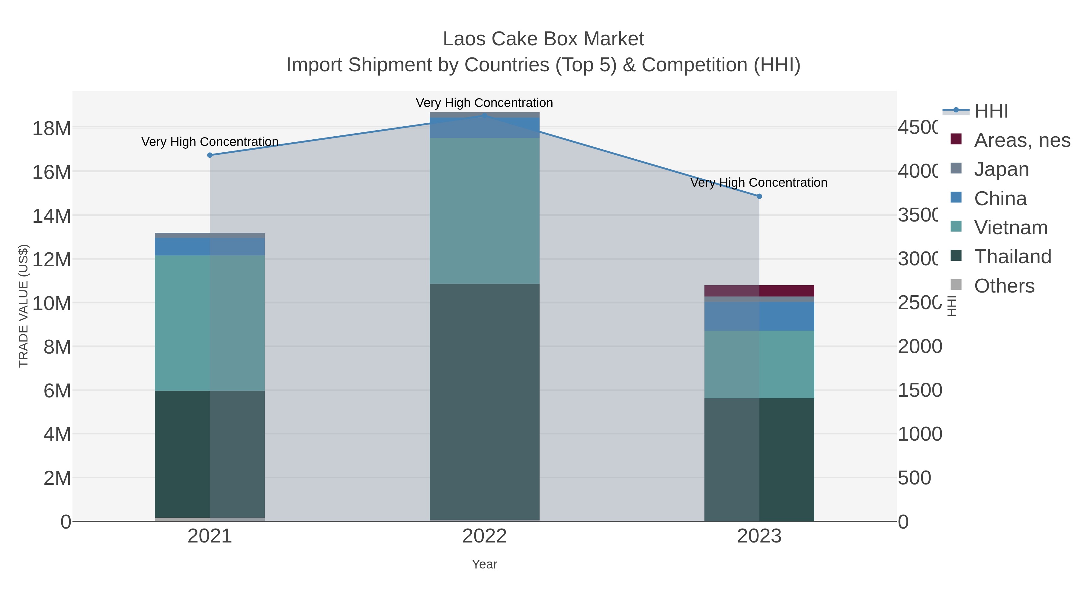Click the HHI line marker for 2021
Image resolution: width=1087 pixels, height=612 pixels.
pyautogui.click(x=210, y=155)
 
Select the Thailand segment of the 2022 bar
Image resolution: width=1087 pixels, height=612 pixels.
pyautogui.click(x=484, y=401)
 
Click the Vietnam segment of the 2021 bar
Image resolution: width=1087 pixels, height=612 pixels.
pyautogui.click(x=210, y=323)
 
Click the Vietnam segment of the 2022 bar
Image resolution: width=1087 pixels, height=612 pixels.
pyautogui.click(x=484, y=210)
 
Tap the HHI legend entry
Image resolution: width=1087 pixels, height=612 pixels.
pyautogui.click(x=990, y=111)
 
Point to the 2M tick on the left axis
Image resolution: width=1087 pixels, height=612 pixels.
pyautogui.click(x=57, y=478)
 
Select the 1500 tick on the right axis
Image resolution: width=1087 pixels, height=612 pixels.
pyautogui.click(x=920, y=390)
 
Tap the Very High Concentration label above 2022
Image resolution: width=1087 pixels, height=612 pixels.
pyautogui.click(x=484, y=103)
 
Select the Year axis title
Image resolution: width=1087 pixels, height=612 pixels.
pyautogui.click(x=484, y=564)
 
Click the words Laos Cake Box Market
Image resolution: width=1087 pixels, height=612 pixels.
pyautogui.click(x=543, y=39)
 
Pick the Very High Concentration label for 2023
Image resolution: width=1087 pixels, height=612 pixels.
pyautogui.click(x=759, y=183)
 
